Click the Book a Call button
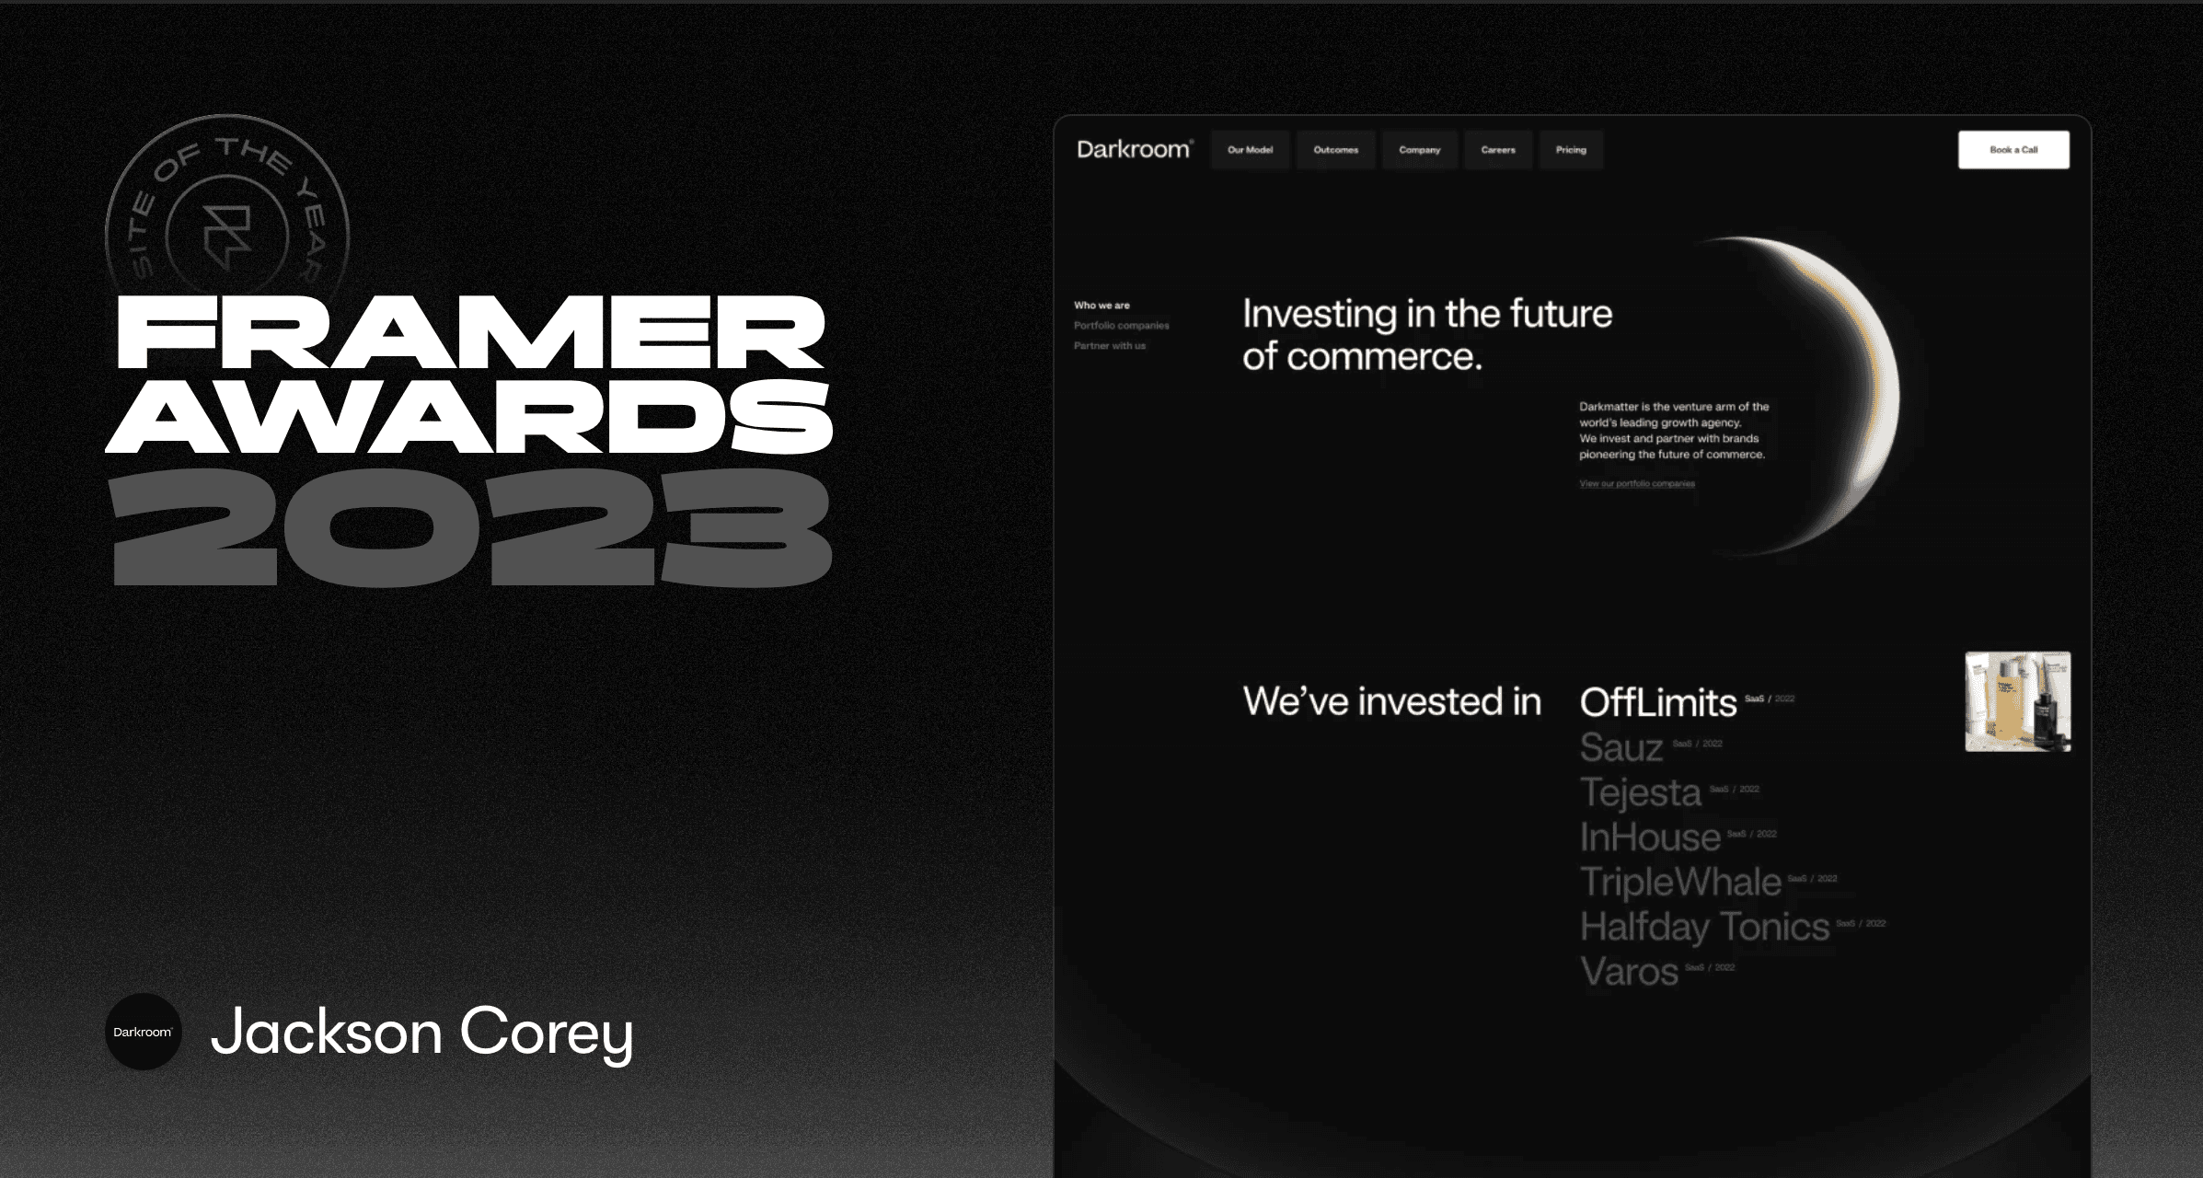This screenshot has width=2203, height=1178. click(x=2013, y=150)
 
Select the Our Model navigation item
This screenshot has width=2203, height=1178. click(x=1250, y=150)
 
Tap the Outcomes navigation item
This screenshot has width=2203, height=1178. click(x=1335, y=150)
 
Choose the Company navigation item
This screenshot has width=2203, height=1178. click(x=1419, y=150)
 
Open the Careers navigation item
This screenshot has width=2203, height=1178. click(x=1497, y=150)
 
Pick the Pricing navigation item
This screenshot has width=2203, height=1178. click(x=1571, y=150)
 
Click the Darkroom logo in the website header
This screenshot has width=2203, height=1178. click(x=1134, y=149)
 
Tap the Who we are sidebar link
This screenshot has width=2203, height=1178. click(x=1101, y=306)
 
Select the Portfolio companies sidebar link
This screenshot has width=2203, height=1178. click(x=1121, y=326)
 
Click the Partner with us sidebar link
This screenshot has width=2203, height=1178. click(x=1109, y=346)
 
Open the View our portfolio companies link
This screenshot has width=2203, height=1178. click(x=1636, y=484)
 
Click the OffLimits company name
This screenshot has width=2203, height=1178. click(x=1658, y=703)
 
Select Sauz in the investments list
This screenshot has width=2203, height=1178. click(x=1621, y=747)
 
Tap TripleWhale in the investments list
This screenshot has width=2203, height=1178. click(x=1680, y=882)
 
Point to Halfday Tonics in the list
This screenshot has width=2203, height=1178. click(x=1704, y=927)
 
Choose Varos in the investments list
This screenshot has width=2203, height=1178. click(x=1629, y=972)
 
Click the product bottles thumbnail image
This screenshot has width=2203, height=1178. click(x=2017, y=701)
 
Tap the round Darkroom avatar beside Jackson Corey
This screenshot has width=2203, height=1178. click(x=143, y=1032)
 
